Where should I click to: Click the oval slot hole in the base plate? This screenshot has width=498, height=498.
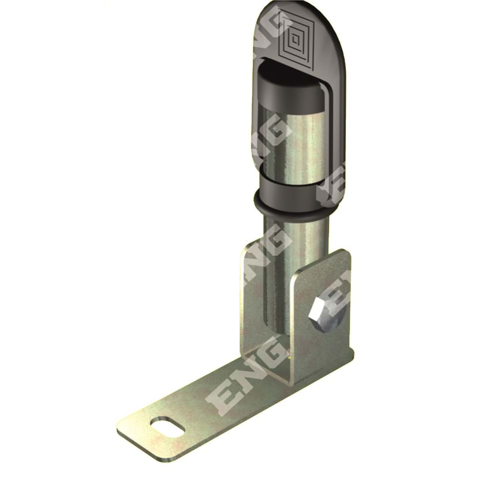coord(167,427)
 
